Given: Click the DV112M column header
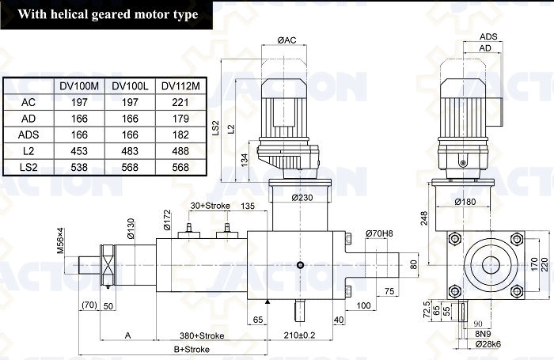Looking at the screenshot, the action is click(x=180, y=86).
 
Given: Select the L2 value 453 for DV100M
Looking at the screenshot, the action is click(x=79, y=151).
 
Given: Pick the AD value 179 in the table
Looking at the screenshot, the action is click(x=180, y=119).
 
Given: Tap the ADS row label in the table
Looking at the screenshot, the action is click(x=28, y=135).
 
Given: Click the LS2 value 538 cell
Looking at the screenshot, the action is click(x=79, y=167).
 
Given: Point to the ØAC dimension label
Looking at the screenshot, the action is click(x=286, y=40).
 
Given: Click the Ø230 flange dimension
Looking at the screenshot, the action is click(x=302, y=198).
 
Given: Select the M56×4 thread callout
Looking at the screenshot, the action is click(x=61, y=241).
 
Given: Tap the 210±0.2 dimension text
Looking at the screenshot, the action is click(x=300, y=335).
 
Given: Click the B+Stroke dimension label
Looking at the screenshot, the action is click(x=192, y=350).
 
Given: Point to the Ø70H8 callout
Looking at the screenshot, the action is click(x=379, y=233).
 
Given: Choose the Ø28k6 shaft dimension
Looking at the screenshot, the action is click(x=488, y=343).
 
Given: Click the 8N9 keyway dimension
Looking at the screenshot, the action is click(x=483, y=334).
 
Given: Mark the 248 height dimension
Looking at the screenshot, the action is click(x=424, y=218).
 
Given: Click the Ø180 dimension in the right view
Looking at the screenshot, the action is click(x=465, y=202).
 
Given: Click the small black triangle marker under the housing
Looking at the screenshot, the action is click(x=268, y=301).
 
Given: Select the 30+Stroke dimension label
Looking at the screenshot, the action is click(x=211, y=205).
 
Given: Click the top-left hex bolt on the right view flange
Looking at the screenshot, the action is click(x=455, y=238).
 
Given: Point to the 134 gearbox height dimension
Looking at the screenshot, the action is click(x=244, y=160).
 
